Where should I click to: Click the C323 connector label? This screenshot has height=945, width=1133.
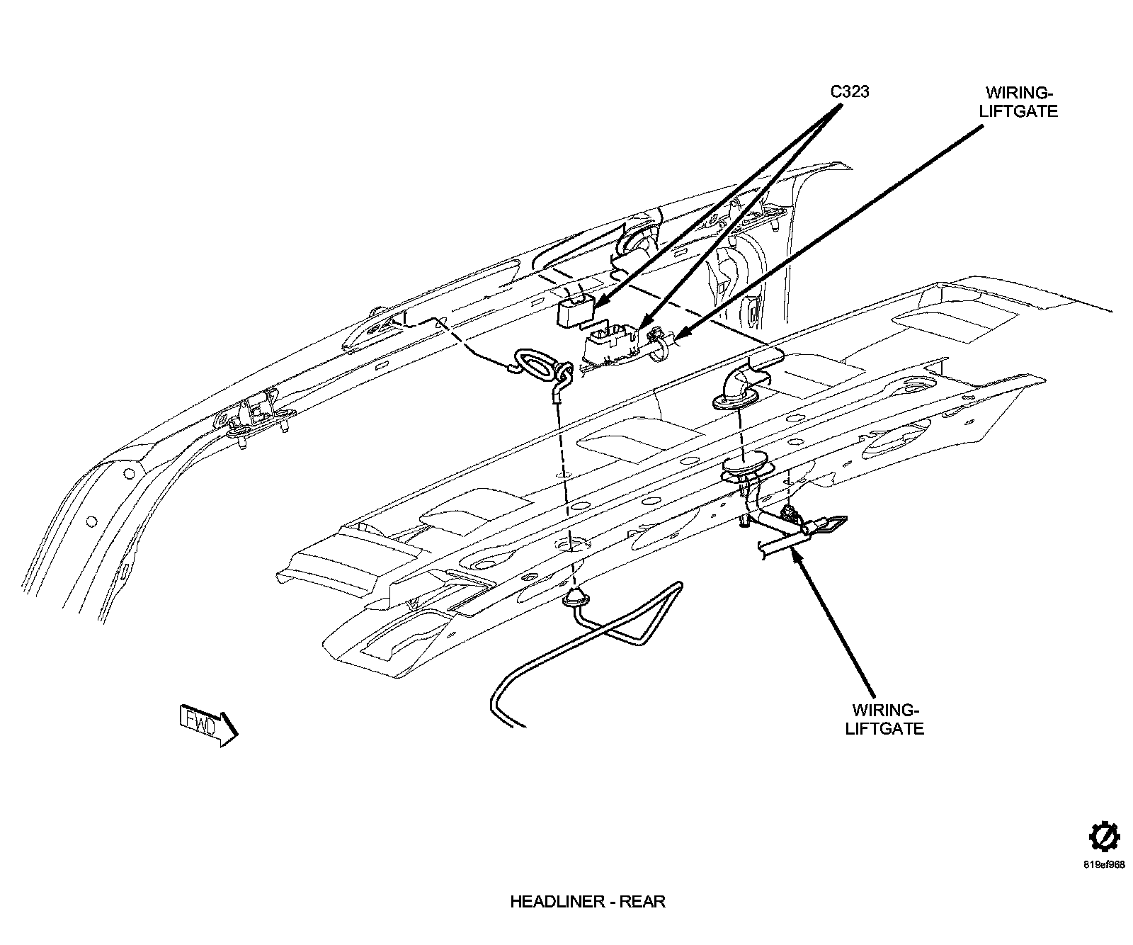849,92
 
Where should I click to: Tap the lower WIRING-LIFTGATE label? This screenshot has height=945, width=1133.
885,719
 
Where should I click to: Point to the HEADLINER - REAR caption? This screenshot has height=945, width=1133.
587,902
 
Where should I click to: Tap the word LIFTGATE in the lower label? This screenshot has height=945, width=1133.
885,728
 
